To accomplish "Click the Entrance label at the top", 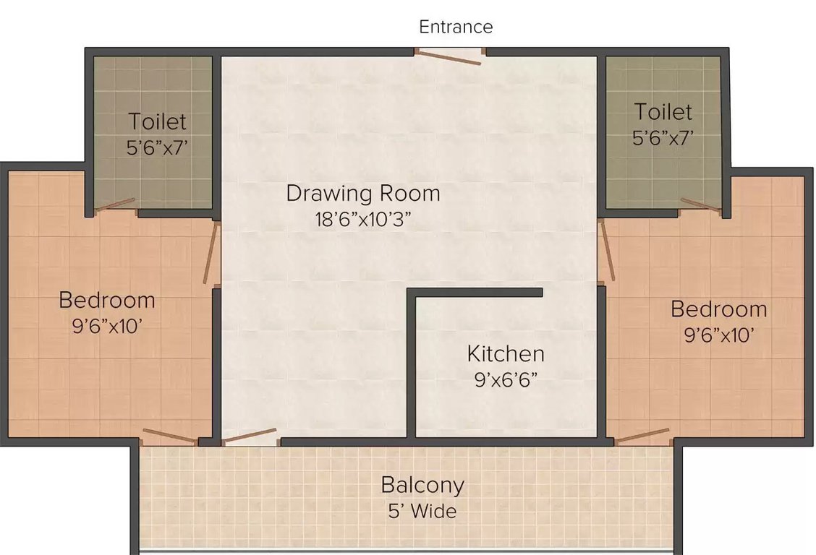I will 456,27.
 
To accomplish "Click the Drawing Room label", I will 362,194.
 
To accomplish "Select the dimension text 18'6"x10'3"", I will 362,220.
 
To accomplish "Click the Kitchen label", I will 506,354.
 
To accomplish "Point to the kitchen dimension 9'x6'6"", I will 506,380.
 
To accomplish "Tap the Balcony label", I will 422,484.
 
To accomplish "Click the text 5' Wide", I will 422,512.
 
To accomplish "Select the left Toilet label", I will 157,121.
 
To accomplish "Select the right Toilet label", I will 663,112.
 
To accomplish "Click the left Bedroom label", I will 107,299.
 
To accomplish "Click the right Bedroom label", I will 718,309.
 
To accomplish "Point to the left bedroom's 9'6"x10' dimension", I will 107,326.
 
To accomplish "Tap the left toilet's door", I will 115,205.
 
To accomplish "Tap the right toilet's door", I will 700,205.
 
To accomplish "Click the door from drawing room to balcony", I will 249,436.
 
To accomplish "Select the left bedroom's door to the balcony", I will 169,436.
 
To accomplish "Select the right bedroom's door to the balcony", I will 642,436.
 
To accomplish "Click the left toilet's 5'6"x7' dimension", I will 157,147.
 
